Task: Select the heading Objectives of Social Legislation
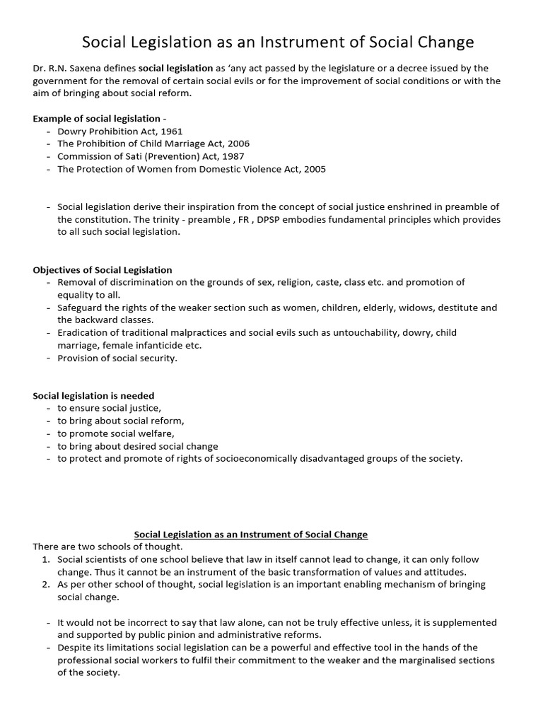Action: (x=103, y=269)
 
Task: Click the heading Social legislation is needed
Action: (x=93, y=395)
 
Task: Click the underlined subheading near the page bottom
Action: (x=251, y=534)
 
